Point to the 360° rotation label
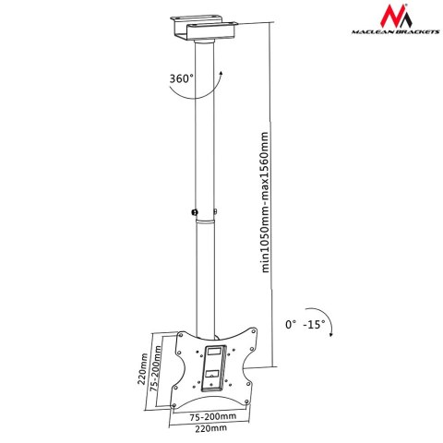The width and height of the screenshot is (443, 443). [x=181, y=79]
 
